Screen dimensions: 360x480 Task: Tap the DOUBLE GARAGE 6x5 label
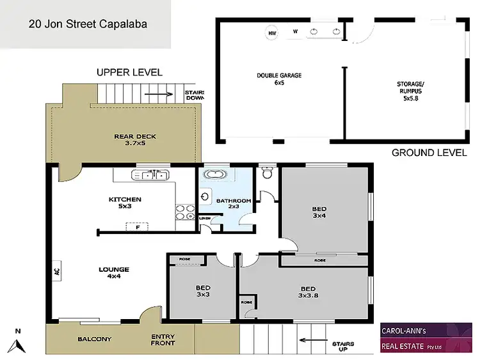[x=279, y=79]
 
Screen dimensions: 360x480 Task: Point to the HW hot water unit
[x=272, y=32]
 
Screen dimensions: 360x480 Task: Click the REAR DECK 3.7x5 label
[x=135, y=139]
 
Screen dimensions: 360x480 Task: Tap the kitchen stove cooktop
[x=185, y=212]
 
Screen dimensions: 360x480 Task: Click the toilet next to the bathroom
[x=268, y=173]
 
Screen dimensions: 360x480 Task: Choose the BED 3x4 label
[x=318, y=212]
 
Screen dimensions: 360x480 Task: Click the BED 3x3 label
[x=203, y=292]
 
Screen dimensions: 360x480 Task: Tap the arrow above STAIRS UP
[x=310, y=341]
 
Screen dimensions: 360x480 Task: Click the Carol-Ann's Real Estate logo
[x=426, y=337]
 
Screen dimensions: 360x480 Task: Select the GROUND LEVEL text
[x=428, y=152]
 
